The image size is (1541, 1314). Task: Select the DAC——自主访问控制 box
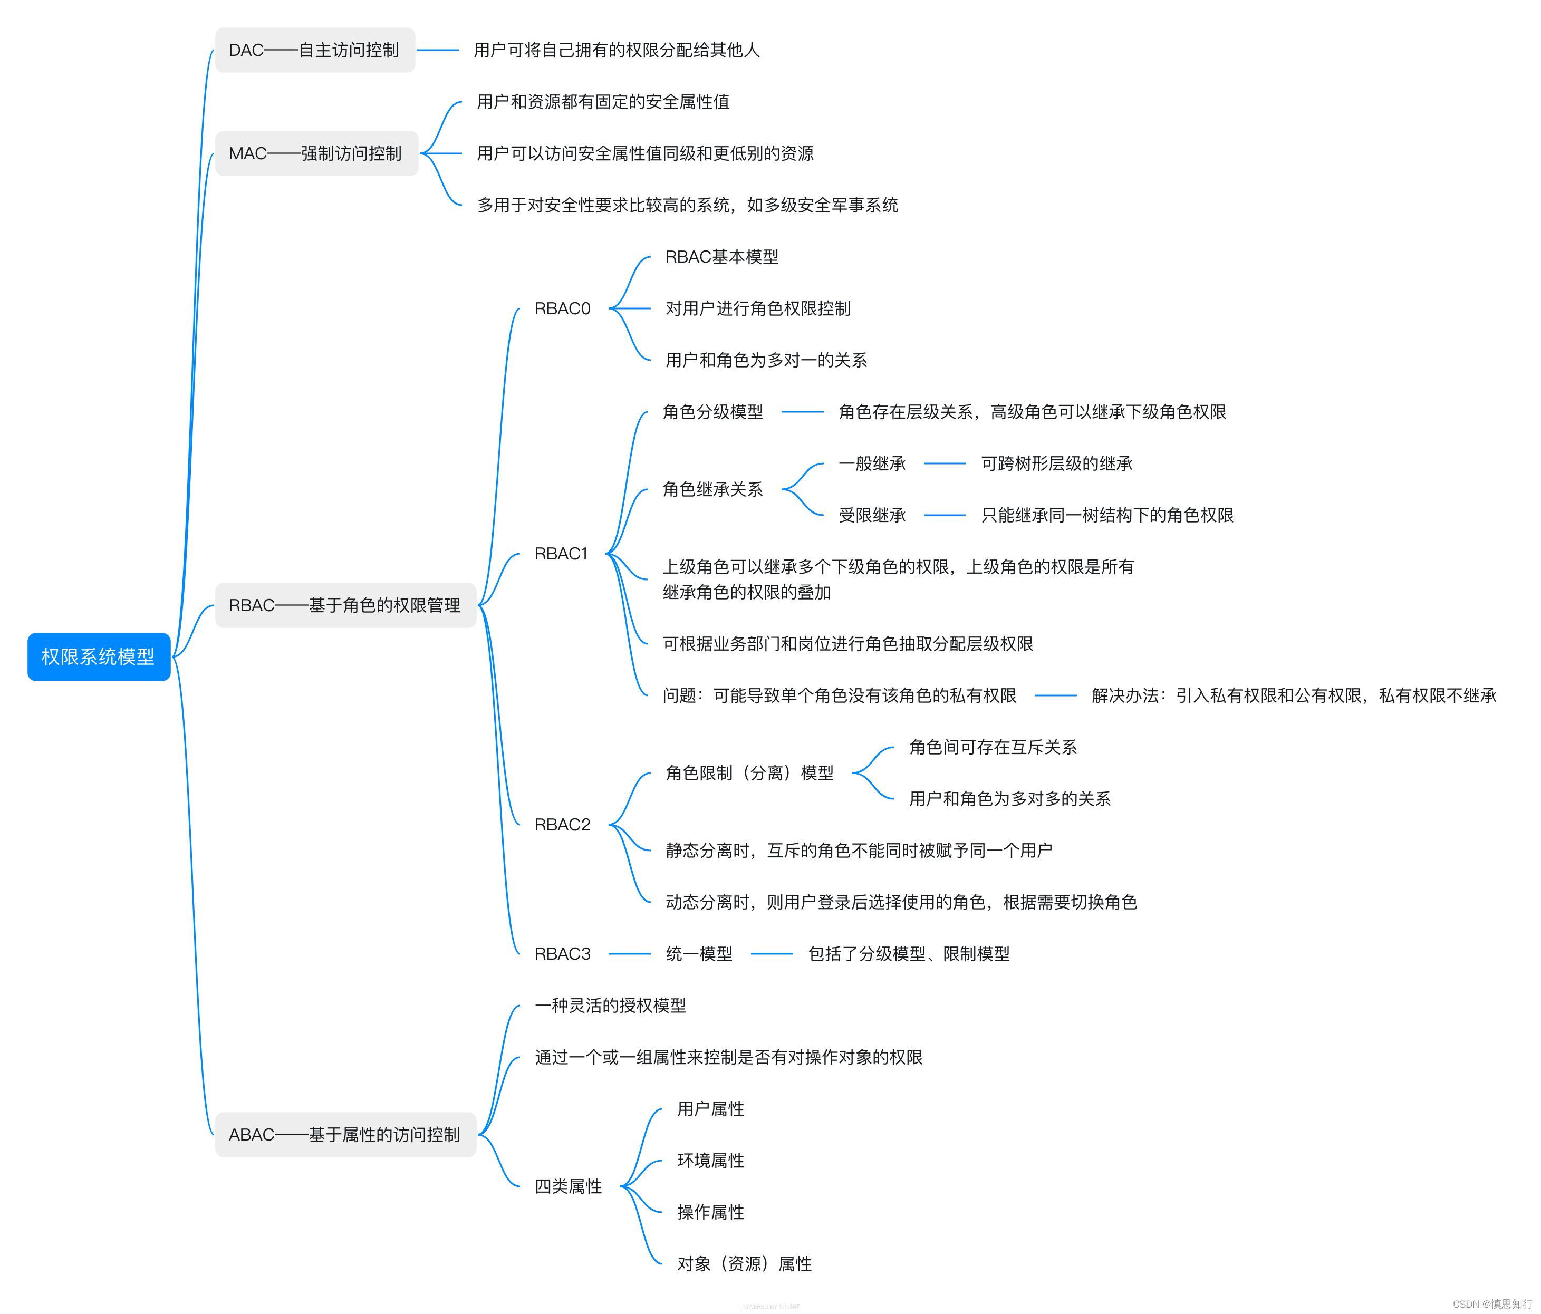(x=315, y=50)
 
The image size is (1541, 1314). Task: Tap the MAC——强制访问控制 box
(x=316, y=153)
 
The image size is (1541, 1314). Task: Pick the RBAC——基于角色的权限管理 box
(x=345, y=605)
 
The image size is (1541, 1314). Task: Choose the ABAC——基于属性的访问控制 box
(x=345, y=1134)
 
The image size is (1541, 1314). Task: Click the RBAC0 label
(x=562, y=308)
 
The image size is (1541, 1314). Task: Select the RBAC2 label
(x=562, y=825)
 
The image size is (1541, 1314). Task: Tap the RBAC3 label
(x=562, y=953)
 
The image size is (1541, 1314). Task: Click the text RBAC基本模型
(x=721, y=257)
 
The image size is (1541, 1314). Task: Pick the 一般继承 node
(x=872, y=463)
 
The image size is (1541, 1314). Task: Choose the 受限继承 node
(x=872, y=515)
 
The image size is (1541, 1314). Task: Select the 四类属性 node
(x=568, y=1186)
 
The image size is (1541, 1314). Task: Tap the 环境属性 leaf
(x=710, y=1160)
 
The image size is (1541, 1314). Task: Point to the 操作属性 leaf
(x=710, y=1212)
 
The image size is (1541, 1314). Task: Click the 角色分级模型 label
(x=712, y=412)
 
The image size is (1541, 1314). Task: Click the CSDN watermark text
(x=1492, y=1303)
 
